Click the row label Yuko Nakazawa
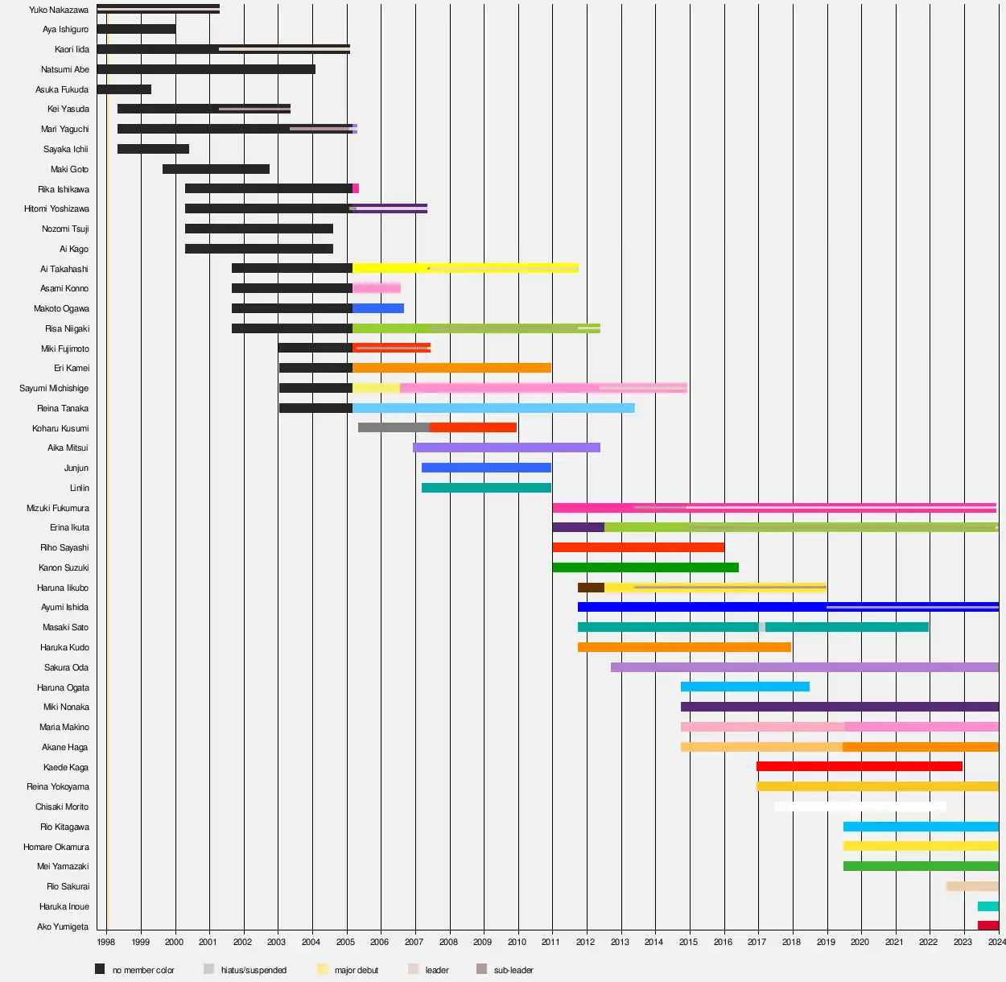[59, 10]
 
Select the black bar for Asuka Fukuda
[124, 89]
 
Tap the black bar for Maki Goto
[216, 169]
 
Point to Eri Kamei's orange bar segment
[451, 368]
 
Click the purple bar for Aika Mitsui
[506, 448]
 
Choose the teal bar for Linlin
[486, 488]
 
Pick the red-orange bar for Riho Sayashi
[638, 547]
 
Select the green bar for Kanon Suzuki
[645, 567]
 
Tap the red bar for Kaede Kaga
[860, 766]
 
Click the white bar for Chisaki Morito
[860, 807]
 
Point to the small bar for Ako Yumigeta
[988, 926]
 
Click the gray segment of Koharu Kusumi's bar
[394, 427]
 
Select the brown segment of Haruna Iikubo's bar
[591, 588]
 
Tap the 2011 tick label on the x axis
[550, 942]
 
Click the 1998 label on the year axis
[105, 942]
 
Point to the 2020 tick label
[860, 942]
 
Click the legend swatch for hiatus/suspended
[209, 969]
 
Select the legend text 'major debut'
[356, 970]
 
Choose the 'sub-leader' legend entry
[513, 970]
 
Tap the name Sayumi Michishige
[54, 388]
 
